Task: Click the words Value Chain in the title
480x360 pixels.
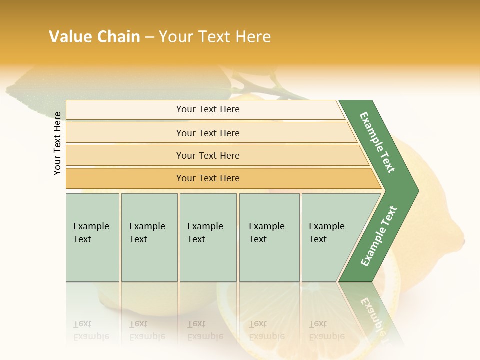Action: coord(94,37)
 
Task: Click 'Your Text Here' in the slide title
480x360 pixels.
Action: coord(215,37)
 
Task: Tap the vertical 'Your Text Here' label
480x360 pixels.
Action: coord(57,143)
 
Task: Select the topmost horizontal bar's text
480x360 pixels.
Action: coord(208,109)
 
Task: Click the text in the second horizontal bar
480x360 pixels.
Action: coord(208,133)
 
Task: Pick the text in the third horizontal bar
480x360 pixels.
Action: coord(208,156)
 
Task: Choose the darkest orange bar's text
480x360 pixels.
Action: coord(208,178)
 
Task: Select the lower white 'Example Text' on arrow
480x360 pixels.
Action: coord(379,236)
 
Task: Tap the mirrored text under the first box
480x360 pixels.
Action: coord(91,330)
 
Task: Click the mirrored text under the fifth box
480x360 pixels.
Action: coord(326,330)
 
